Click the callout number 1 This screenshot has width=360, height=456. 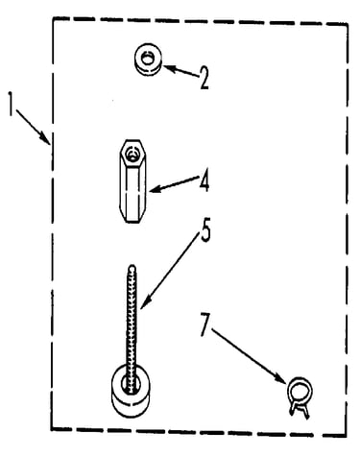point(11,105)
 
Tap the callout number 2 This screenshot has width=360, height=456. point(204,78)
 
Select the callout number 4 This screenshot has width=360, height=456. point(204,180)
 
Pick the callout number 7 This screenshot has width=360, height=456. point(205,324)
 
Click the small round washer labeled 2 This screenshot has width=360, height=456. point(148,60)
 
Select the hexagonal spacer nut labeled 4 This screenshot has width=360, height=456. point(132,180)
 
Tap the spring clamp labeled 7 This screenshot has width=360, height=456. point(300,396)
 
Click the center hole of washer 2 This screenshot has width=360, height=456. point(148,59)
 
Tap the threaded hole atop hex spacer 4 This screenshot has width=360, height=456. point(132,154)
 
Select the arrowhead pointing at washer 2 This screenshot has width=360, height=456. point(169,68)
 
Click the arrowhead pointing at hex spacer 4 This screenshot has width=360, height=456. point(155,190)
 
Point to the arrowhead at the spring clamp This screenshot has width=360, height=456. point(281,378)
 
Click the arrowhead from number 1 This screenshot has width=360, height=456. point(44,138)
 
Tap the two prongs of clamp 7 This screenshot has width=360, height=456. point(300,411)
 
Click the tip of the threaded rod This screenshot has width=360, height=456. point(132,266)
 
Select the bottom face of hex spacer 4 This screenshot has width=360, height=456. point(132,220)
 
